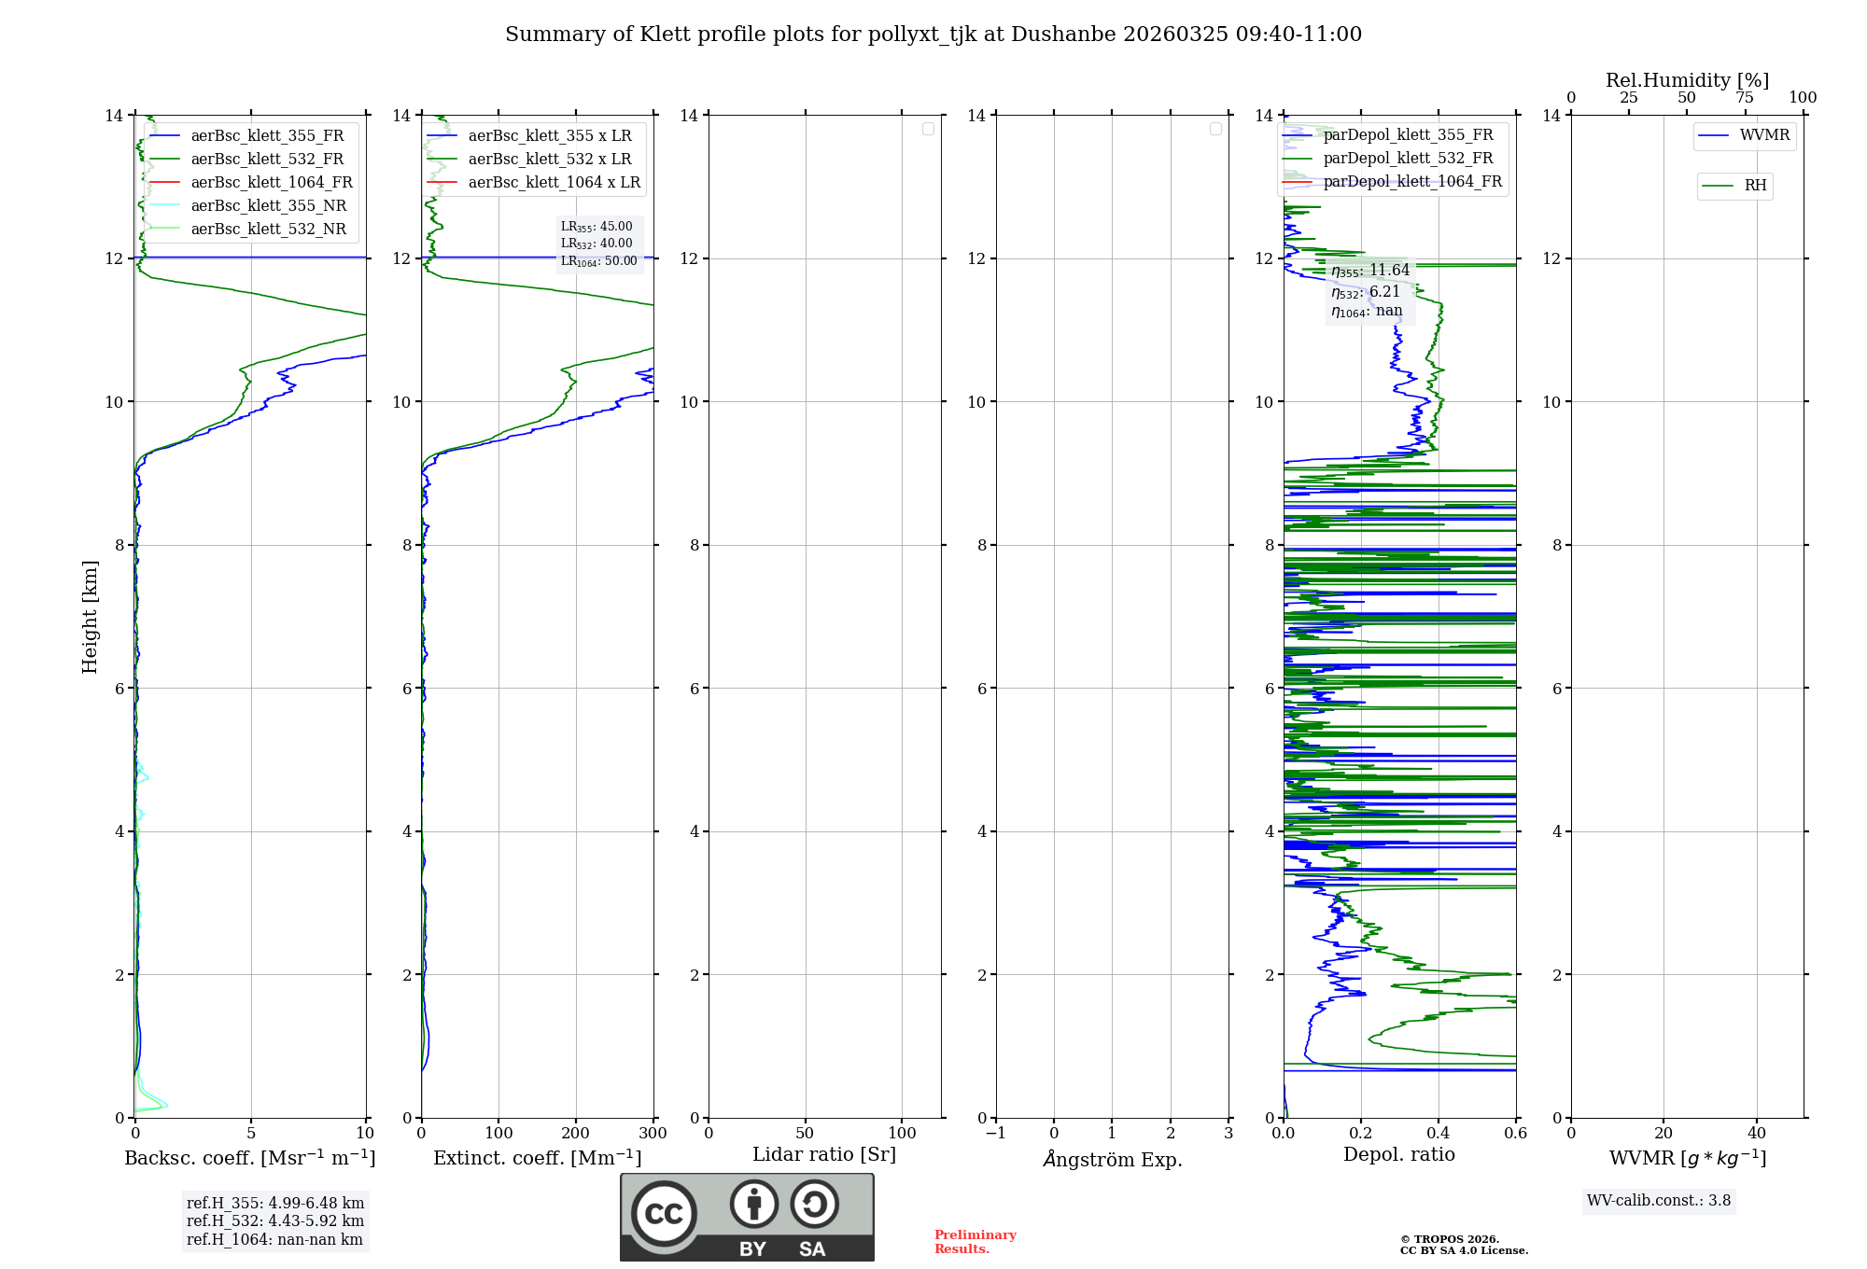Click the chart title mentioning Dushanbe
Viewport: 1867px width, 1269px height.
pos(933,35)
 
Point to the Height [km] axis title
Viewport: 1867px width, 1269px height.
pos(90,616)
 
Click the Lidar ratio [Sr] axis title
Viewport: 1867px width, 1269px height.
pos(824,1154)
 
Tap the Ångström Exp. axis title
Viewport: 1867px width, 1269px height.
pos(1112,1159)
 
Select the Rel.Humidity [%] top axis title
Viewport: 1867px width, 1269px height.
pos(1687,80)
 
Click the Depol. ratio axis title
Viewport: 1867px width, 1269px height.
pos(1398,1154)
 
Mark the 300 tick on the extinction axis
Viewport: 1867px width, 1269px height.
pos(653,1133)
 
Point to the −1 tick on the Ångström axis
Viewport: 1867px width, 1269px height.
pos(996,1133)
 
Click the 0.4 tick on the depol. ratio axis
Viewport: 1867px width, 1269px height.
pos(1439,1133)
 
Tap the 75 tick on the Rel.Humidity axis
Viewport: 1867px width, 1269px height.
pos(1744,97)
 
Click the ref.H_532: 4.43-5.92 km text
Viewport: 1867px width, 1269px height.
pos(274,1220)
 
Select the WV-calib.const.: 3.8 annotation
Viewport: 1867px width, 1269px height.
pos(1658,1201)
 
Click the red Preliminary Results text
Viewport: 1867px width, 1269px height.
pos(975,1242)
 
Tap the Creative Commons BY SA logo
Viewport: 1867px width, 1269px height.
pos(747,1217)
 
